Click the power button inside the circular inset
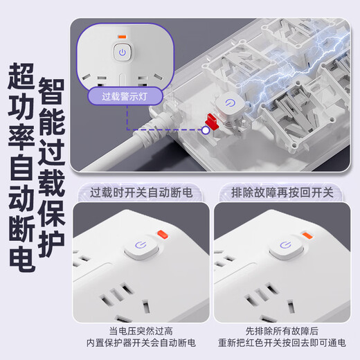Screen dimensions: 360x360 [x=121, y=52]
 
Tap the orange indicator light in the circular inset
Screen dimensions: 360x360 [x=121, y=37]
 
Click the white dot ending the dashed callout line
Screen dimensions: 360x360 [x=206, y=129]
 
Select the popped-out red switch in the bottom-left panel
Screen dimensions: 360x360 [x=163, y=234]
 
